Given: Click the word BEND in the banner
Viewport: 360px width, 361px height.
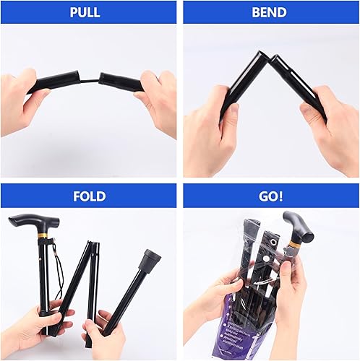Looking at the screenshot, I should (x=269, y=12).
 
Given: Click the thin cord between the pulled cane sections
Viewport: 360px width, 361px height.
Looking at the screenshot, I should (x=90, y=78).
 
